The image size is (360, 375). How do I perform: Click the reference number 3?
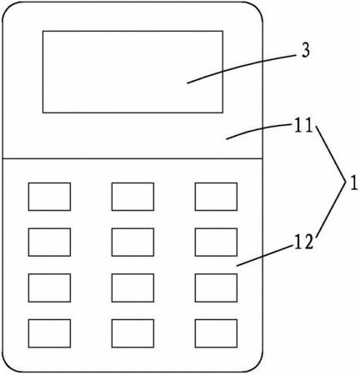306,51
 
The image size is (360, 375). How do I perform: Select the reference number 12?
303,242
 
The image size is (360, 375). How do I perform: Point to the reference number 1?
353,183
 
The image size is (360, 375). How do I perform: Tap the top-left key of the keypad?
49,197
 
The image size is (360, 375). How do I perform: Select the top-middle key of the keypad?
132,197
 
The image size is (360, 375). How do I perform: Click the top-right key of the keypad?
216,197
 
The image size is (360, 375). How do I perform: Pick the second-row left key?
49,242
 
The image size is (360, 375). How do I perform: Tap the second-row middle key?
132,242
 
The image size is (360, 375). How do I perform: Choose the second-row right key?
216,242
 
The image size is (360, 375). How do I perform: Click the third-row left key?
49,287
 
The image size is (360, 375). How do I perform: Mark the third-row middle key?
132,287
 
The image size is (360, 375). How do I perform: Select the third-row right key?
216,287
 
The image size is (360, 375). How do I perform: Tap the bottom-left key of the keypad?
49,333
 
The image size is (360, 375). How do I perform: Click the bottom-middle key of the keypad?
132,333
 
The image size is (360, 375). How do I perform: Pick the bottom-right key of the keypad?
216,333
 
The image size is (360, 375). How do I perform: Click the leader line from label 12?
264,256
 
